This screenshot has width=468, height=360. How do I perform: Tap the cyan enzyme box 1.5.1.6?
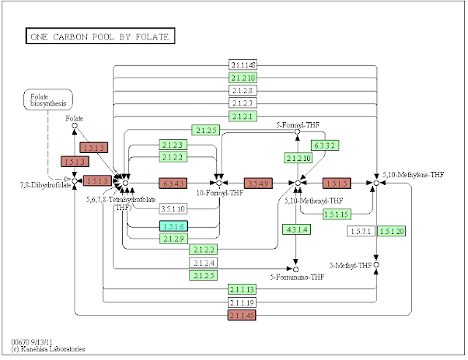(173, 226)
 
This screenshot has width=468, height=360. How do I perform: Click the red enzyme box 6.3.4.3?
(173, 181)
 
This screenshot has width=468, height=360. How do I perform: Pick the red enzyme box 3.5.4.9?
(260, 181)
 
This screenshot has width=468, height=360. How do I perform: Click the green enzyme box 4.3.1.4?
(295, 230)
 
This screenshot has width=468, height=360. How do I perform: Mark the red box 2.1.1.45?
(241, 315)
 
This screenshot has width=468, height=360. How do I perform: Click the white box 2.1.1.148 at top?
(241, 66)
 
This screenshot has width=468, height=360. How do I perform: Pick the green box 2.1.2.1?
(241, 116)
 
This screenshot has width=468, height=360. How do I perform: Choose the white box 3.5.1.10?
(173, 209)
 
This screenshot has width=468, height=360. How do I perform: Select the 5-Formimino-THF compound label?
(296, 278)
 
